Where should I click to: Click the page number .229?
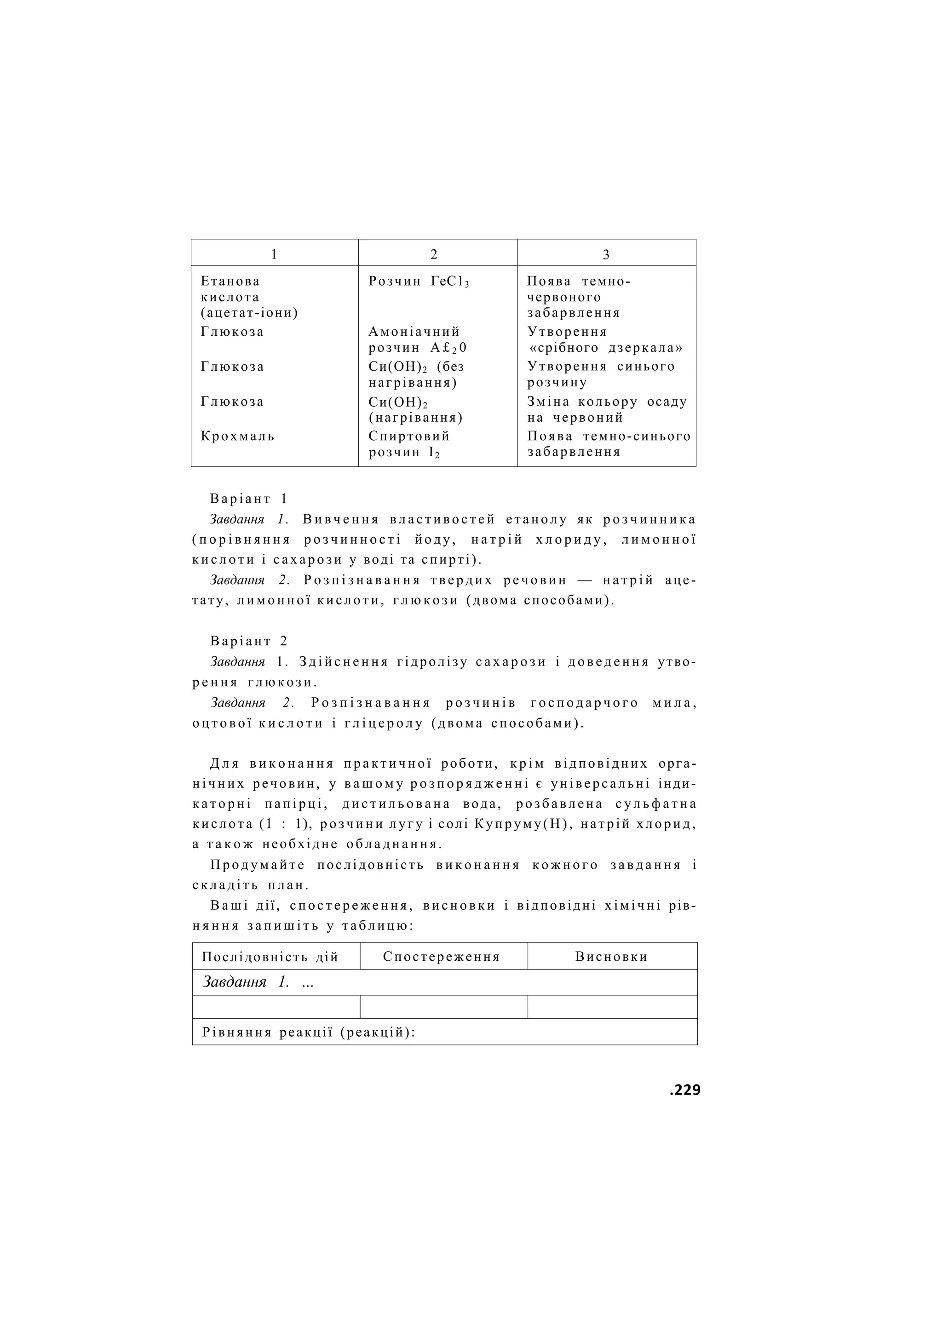point(684,1090)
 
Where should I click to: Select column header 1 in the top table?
point(274,254)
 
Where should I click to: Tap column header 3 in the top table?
point(606,254)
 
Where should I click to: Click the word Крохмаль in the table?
point(238,436)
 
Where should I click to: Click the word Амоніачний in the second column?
point(414,332)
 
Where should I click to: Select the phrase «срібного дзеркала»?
point(605,348)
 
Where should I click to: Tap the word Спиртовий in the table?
point(409,436)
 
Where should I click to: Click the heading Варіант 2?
point(249,641)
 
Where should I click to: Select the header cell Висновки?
point(611,957)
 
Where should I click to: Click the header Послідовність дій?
point(270,957)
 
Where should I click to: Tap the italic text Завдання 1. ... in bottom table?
point(258,982)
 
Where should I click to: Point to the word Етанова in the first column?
point(230,281)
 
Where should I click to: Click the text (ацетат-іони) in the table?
point(249,313)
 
